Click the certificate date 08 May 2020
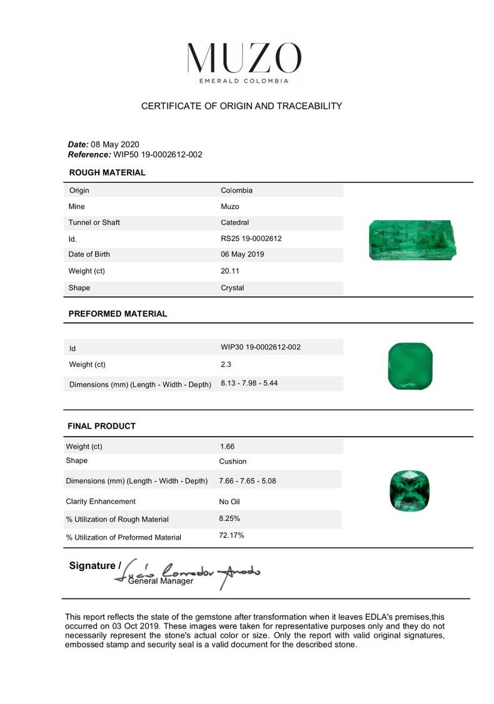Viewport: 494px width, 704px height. (115, 144)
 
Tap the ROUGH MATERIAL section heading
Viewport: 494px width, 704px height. (107, 172)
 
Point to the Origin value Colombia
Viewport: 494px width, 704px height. (236, 190)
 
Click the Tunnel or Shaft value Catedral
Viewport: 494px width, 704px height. (234, 222)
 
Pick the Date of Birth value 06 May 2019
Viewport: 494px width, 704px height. (242, 254)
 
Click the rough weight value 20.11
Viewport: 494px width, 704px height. (230, 271)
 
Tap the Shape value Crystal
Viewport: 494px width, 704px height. (232, 288)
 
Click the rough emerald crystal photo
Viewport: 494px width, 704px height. (413, 240)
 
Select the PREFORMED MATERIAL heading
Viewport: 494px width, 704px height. (118, 314)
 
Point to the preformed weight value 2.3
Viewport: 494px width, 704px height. (226, 364)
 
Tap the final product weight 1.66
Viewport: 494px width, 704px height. (227, 447)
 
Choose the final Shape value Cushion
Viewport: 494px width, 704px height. (233, 462)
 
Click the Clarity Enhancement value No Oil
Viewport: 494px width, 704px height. (229, 502)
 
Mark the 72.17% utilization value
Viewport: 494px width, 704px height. (231, 535)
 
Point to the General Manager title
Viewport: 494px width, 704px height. (161, 581)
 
